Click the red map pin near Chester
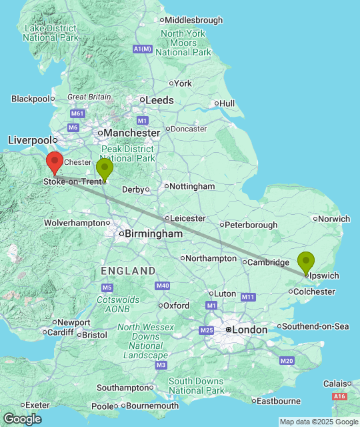(x=55, y=162)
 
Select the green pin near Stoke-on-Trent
(x=105, y=169)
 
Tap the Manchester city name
(x=132, y=133)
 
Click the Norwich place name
(x=335, y=218)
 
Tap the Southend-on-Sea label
(x=315, y=326)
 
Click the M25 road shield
(x=207, y=330)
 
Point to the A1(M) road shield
(x=143, y=49)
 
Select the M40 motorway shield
(x=162, y=286)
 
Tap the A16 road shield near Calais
(x=339, y=396)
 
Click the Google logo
(x=21, y=418)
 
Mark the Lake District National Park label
(x=49, y=33)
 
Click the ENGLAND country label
(x=128, y=271)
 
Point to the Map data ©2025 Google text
(x=318, y=422)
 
